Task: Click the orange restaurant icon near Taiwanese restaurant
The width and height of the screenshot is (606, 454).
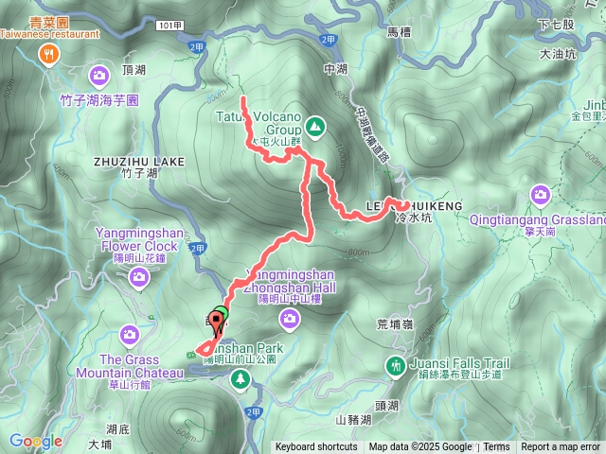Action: point(47,55)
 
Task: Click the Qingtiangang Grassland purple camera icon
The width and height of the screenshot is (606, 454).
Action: point(541,195)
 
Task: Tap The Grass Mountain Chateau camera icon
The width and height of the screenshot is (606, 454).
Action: point(129,334)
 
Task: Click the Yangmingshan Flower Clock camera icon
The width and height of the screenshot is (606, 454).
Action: point(138,277)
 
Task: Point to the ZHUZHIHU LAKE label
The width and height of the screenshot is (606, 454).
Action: point(138,162)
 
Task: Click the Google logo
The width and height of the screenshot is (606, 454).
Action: point(36,441)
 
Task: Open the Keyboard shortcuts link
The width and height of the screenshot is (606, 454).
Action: point(316,447)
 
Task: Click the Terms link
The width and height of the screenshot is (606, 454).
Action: point(496,447)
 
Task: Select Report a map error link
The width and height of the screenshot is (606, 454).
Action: point(561,447)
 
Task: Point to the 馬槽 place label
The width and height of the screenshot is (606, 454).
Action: point(398,32)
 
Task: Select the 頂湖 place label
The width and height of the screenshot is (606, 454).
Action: point(134,70)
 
